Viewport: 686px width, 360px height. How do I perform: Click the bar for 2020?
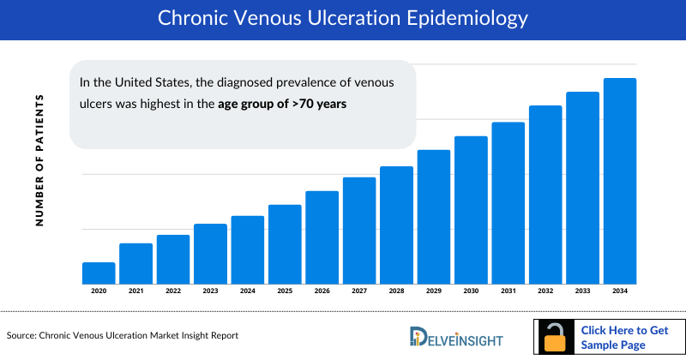pos(99,273)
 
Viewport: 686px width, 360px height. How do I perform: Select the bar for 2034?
pos(620,181)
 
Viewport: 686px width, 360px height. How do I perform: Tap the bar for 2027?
pos(359,231)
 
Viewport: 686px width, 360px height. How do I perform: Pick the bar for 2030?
pos(471,210)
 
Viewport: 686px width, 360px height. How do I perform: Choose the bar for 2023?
pos(210,254)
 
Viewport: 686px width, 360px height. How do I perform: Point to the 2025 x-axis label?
pos(285,291)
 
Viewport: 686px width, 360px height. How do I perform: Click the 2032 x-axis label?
pos(545,291)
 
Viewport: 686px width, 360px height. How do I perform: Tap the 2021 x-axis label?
pos(135,291)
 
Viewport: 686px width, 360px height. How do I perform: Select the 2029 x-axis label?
pos(434,291)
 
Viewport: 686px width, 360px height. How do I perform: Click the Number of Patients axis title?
pos(39,160)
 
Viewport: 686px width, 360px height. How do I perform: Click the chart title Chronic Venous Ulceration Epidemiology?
pos(342,19)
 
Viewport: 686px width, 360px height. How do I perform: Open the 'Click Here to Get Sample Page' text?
pos(623,338)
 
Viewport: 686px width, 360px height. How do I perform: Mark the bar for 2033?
pos(582,188)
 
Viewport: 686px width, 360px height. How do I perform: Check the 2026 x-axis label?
pos(322,291)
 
